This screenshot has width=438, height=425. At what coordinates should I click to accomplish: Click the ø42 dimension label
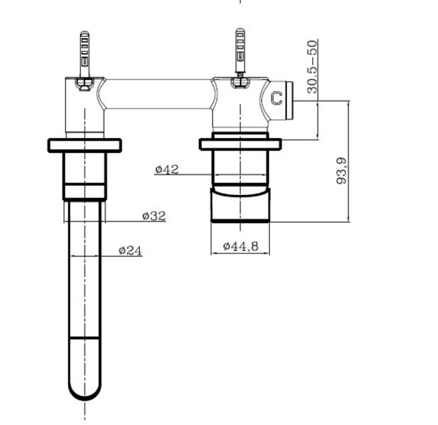tap(167, 169)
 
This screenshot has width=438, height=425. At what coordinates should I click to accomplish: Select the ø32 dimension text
tap(154, 216)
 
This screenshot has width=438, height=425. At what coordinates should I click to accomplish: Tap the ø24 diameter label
tap(130, 251)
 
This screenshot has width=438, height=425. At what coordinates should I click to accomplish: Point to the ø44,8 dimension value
tap(241, 246)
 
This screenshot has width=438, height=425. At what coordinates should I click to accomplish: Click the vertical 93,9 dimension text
tap(341, 171)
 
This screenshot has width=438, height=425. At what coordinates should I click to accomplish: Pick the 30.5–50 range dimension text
tap(312, 67)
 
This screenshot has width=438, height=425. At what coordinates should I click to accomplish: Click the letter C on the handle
tap(277, 98)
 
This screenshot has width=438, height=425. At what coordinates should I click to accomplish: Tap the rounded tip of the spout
tap(85, 394)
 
